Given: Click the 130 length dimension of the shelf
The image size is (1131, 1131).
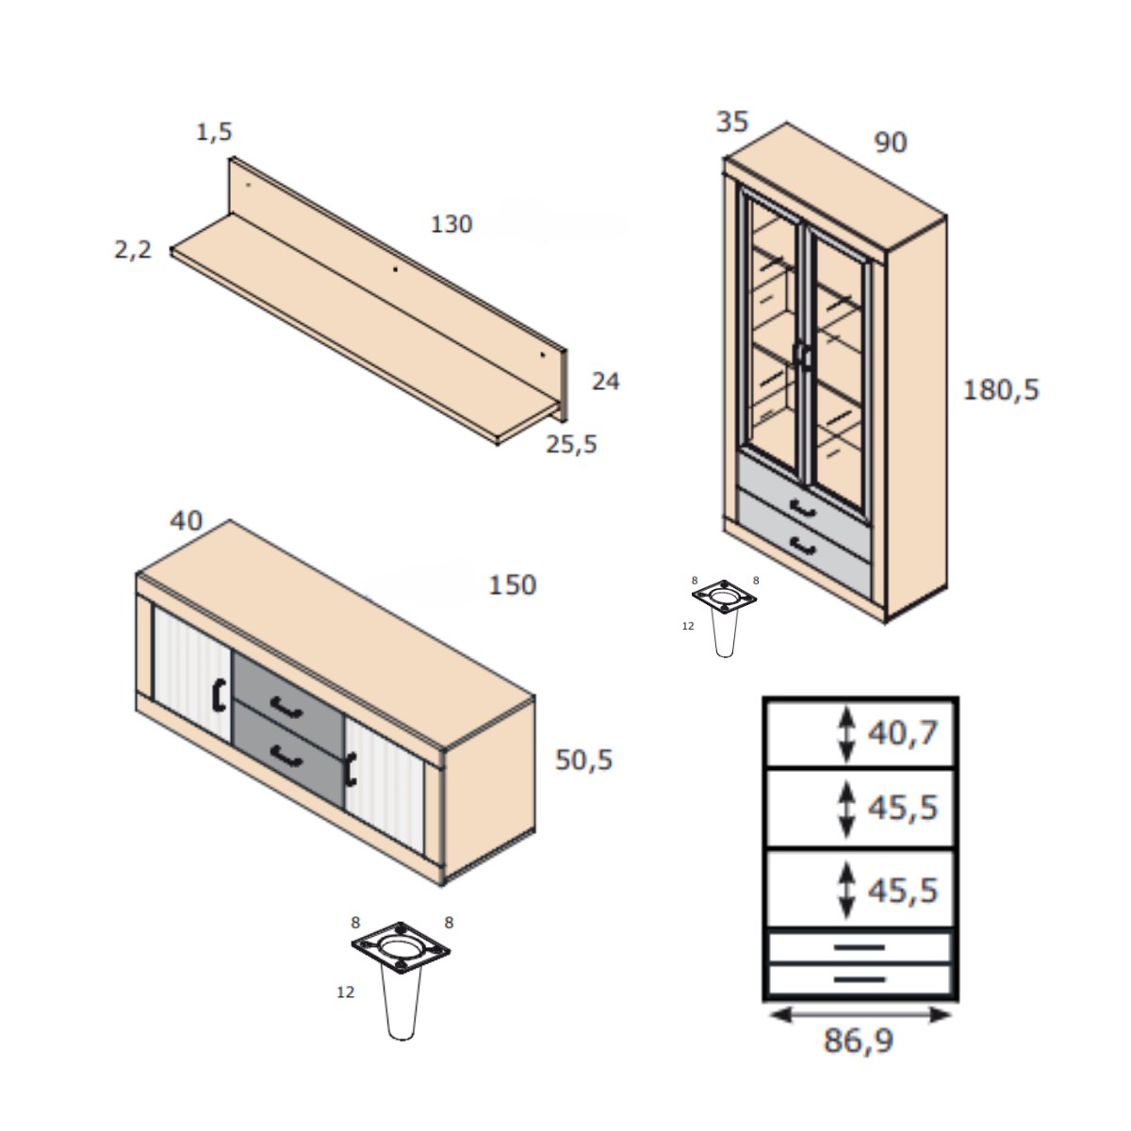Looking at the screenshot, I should pos(451,224).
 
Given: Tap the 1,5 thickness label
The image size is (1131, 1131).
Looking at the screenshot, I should pos(214,132).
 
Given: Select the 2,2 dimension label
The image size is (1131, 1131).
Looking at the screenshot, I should pos(132,250).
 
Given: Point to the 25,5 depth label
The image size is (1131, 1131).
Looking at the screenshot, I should pos(571,444).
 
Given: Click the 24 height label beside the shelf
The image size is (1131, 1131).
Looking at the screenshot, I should pos(605,382).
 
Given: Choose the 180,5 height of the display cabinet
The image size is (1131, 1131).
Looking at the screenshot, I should pos(1001,389).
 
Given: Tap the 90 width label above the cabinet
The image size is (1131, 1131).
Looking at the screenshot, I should pos(891,142).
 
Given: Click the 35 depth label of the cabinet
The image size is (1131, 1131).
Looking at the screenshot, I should pos(732,122).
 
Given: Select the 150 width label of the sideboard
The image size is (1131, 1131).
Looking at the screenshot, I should pos(512,585).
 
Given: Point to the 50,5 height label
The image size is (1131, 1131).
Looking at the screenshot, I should pos(583,760).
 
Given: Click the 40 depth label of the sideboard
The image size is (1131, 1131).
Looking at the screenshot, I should pos(187,520).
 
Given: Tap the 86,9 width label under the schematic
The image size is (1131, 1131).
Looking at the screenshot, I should pos(859,1041).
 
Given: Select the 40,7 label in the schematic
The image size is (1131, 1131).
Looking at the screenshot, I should pos(903,732).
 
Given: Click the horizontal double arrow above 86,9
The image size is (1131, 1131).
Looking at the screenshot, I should pos(860,1014).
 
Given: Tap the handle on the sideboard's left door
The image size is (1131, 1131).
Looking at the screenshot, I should pos(219,695).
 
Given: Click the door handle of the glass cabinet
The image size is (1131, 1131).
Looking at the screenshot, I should pos(803,355).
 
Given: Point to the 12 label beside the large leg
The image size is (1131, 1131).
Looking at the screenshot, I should pos(346,992).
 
